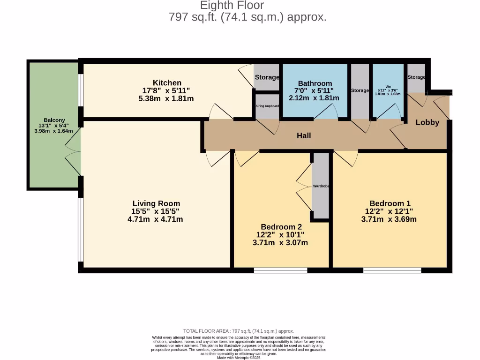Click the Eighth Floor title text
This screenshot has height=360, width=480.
(232, 6)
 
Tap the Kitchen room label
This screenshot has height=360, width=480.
(167, 83)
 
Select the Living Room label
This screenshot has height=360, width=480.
(156, 203)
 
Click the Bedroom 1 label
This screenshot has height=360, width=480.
(390, 203)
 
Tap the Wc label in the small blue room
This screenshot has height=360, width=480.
(388, 86)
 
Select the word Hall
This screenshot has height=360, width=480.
(304, 136)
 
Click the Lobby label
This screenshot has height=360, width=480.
(427, 122)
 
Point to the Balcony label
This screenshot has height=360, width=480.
(54, 120)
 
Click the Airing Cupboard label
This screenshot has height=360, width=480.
(267, 106)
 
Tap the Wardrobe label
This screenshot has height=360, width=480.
(321, 186)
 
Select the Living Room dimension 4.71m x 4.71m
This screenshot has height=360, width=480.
(155, 219)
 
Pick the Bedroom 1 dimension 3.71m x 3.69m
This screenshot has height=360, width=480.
(389, 219)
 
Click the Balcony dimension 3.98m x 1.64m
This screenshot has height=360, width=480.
(54, 131)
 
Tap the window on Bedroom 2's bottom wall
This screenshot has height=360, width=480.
(280, 270)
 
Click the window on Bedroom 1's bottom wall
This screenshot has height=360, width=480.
(392, 270)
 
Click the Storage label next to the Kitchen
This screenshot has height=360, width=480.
(267, 77)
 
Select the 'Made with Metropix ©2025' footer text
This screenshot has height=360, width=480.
(239, 358)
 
